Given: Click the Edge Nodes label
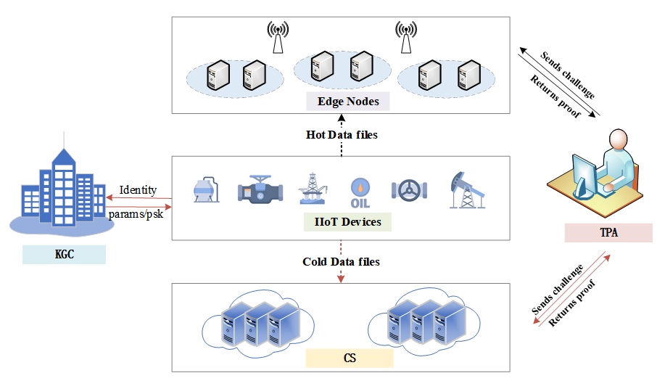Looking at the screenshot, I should click(348, 101).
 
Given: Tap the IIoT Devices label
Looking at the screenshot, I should click(348, 221).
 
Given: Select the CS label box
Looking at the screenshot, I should click(349, 358).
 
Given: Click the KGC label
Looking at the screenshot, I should click(64, 255).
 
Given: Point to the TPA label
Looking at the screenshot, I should click(608, 232).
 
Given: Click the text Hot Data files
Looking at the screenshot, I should click(342, 135).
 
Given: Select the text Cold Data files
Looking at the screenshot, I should click(341, 261).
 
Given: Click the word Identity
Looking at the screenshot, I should click(138, 190).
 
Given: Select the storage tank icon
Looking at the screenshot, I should click(206, 190).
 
